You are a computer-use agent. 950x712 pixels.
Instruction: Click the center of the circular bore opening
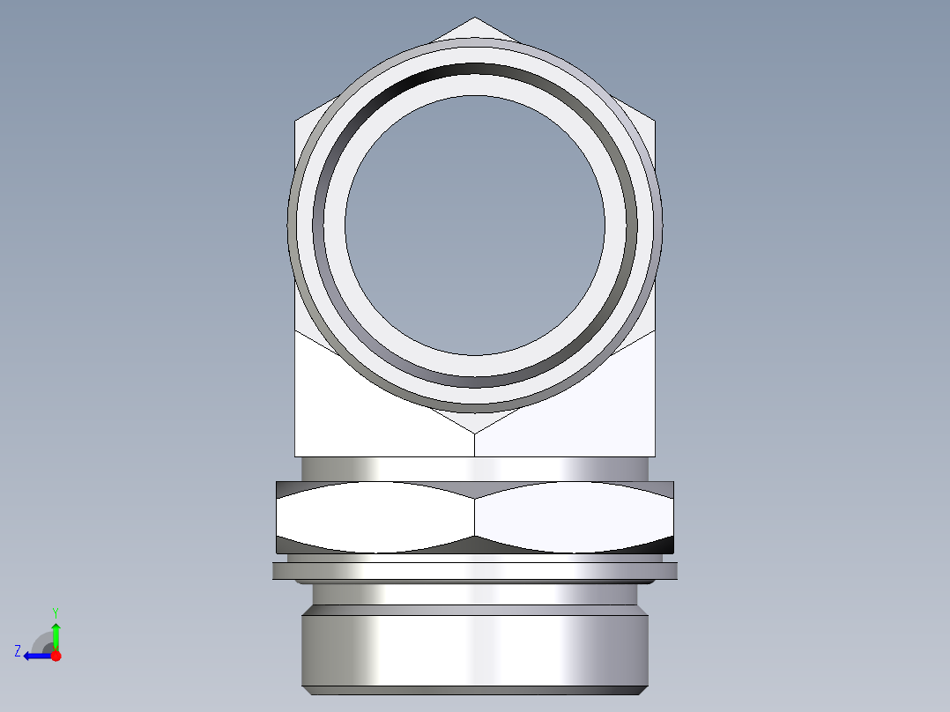[475, 226]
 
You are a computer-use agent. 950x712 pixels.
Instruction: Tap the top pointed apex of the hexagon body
[475, 19]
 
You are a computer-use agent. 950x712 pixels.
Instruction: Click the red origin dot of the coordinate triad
[56, 656]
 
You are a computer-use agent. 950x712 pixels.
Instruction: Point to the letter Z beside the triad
[18, 650]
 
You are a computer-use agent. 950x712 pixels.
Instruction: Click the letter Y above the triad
[55, 612]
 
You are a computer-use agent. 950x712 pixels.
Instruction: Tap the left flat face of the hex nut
[375, 517]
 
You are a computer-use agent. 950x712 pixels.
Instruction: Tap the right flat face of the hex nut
[573, 517]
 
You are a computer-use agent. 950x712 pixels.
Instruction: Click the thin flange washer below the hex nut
[475, 571]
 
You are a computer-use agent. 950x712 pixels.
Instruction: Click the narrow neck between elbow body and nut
[475, 469]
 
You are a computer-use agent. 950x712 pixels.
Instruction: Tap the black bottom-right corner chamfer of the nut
[668, 545]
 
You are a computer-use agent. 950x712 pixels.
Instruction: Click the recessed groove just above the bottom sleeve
[475, 595]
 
